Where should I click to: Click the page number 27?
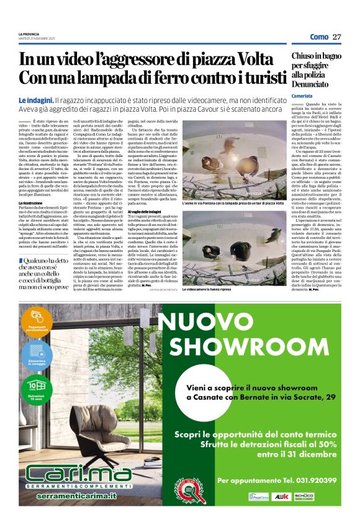337,37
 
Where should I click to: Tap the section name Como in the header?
319,37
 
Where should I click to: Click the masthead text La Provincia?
29,34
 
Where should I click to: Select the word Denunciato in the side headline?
308,82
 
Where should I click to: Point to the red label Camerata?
302,96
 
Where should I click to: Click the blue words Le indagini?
35,100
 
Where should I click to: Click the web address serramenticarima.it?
70,497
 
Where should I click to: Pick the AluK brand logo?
299,497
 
